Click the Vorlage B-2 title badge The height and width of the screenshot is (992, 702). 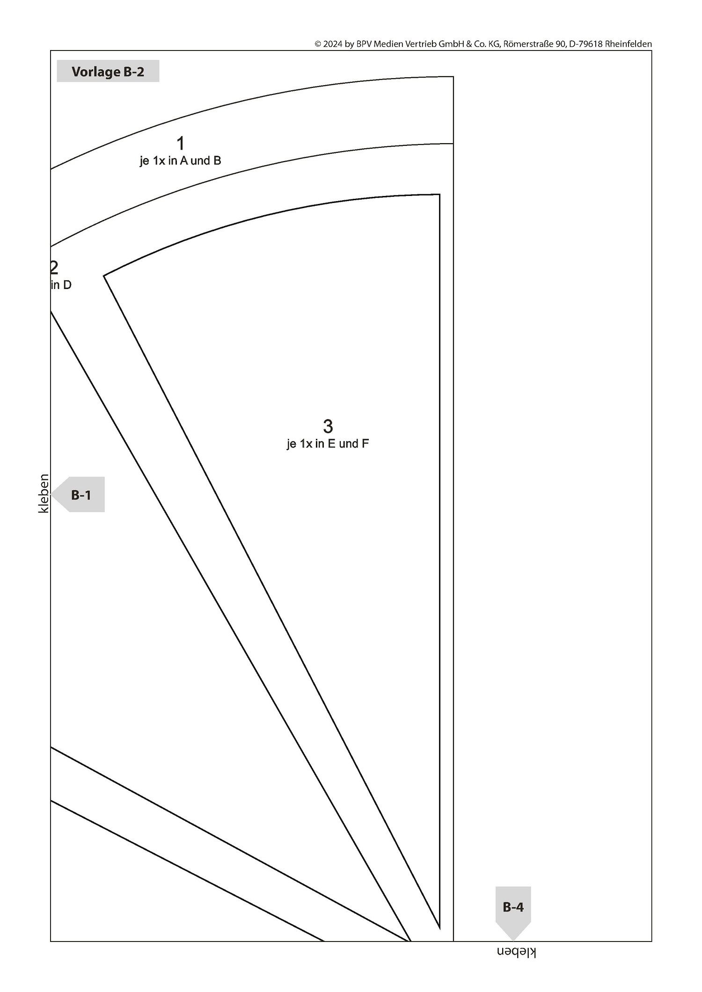pyautogui.click(x=108, y=72)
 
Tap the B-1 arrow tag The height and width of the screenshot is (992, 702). pyautogui.click(x=78, y=494)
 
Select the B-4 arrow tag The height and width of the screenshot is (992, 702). pyautogui.click(x=513, y=913)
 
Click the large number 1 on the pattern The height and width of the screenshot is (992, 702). pyautogui.click(x=180, y=144)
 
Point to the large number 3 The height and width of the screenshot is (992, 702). pyautogui.click(x=328, y=426)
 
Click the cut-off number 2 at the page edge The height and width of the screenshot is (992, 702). pyautogui.click(x=54, y=268)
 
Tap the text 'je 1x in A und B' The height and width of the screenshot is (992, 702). pyautogui.click(x=180, y=161)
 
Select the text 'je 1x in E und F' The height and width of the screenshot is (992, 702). pyautogui.click(x=328, y=444)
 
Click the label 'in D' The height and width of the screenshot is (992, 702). pyautogui.click(x=61, y=285)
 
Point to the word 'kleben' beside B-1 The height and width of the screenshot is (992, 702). pyautogui.click(x=44, y=493)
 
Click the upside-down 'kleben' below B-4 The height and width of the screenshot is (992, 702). pyautogui.click(x=516, y=952)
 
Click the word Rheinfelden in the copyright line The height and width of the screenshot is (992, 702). pyautogui.click(x=629, y=44)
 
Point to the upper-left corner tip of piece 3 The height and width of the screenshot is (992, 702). pyautogui.click(x=104, y=276)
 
